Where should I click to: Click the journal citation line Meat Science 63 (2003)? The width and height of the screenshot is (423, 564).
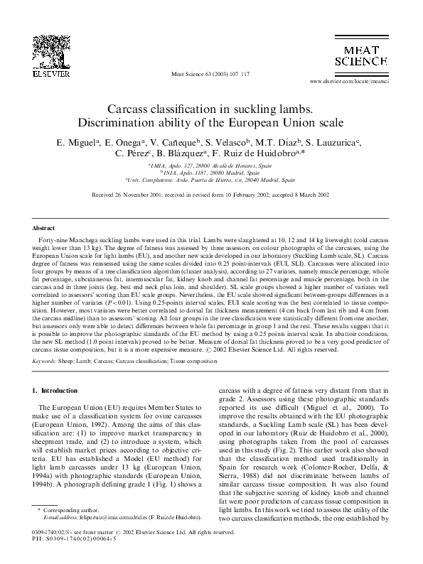coord(212,73)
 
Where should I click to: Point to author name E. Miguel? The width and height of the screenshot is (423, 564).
coord(77,143)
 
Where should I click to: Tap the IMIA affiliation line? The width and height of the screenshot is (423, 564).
coord(210,165)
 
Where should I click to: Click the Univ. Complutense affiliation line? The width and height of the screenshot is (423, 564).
coord(210,180)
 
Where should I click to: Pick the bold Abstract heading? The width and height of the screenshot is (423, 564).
coord(45,229)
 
